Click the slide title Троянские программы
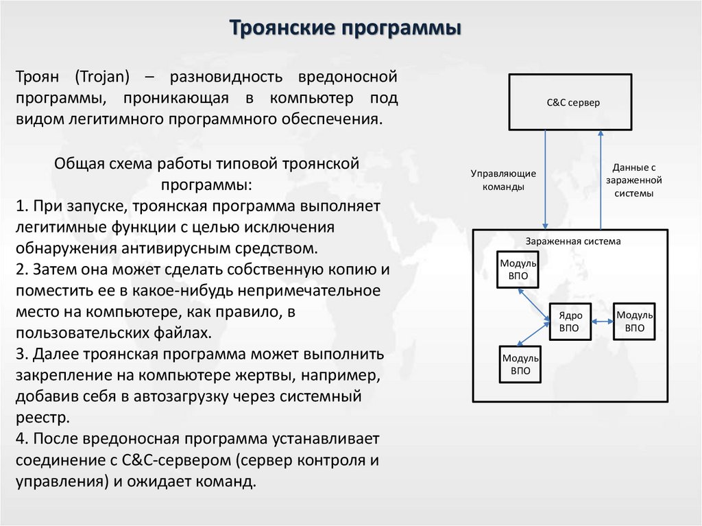tap(344, 29)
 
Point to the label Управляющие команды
tap(503, 180)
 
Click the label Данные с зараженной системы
tap(633, 180)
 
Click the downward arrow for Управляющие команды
tap(545, 178)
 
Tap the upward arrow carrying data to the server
tap(601, 178)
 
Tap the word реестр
tap(42, 417)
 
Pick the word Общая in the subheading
tap(77, 164)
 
